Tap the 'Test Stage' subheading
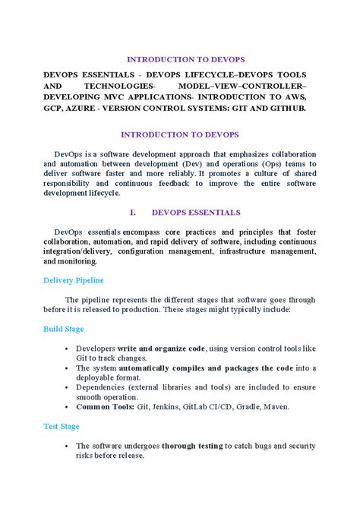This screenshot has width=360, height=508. [61, 427]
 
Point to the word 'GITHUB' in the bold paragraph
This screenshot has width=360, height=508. [286, 109]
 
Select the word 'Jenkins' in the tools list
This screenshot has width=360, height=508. [167, 407]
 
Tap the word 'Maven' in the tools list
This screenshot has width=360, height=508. [273, 407]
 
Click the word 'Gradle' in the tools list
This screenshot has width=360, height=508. [238, 407]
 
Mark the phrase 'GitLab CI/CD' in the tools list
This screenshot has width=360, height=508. [201, 407]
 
